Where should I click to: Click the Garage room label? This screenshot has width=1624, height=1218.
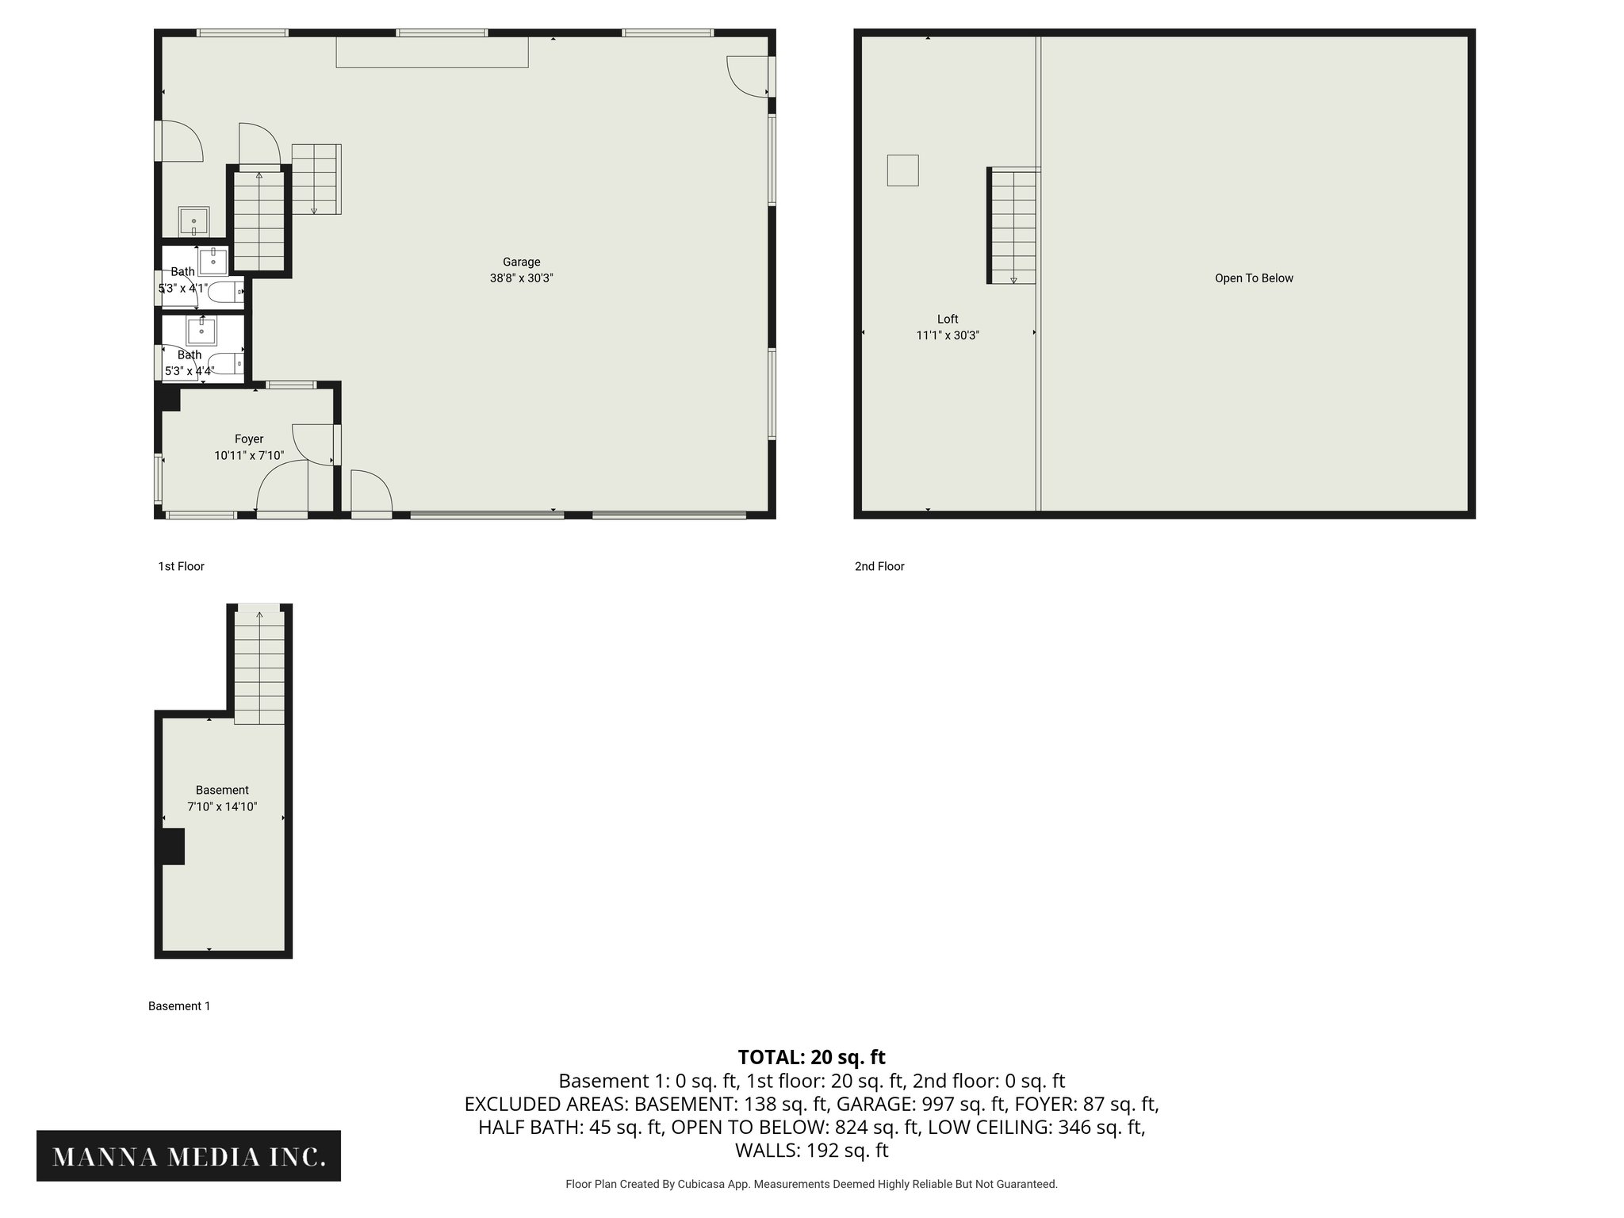[521, 262]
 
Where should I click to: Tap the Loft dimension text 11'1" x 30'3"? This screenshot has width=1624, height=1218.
[948, 335]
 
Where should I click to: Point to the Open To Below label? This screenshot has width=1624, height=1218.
[1254, 278]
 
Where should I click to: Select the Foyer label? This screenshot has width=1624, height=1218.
[249, 439]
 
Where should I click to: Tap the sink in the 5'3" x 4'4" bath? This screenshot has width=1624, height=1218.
[201, 331]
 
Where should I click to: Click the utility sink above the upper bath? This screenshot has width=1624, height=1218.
[193, 221]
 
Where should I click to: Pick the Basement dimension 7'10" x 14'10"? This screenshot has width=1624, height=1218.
[222, 807]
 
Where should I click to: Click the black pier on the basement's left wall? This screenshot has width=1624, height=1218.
[171, 846]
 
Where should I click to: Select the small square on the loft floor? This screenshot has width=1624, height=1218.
[902, 170]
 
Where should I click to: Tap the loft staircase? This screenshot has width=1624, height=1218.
[1013, 226]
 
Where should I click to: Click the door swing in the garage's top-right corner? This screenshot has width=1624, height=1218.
[747, 76]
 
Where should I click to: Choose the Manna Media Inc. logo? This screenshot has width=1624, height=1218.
[189, 1157]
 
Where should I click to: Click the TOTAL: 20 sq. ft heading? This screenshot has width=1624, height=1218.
[811, 1057]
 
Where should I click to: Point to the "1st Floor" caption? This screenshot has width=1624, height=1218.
[181, 566]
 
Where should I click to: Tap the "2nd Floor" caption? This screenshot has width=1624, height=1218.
[879, 566]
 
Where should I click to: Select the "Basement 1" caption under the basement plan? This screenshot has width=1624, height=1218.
[179, 1006]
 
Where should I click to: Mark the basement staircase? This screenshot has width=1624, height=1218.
[259, 666]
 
